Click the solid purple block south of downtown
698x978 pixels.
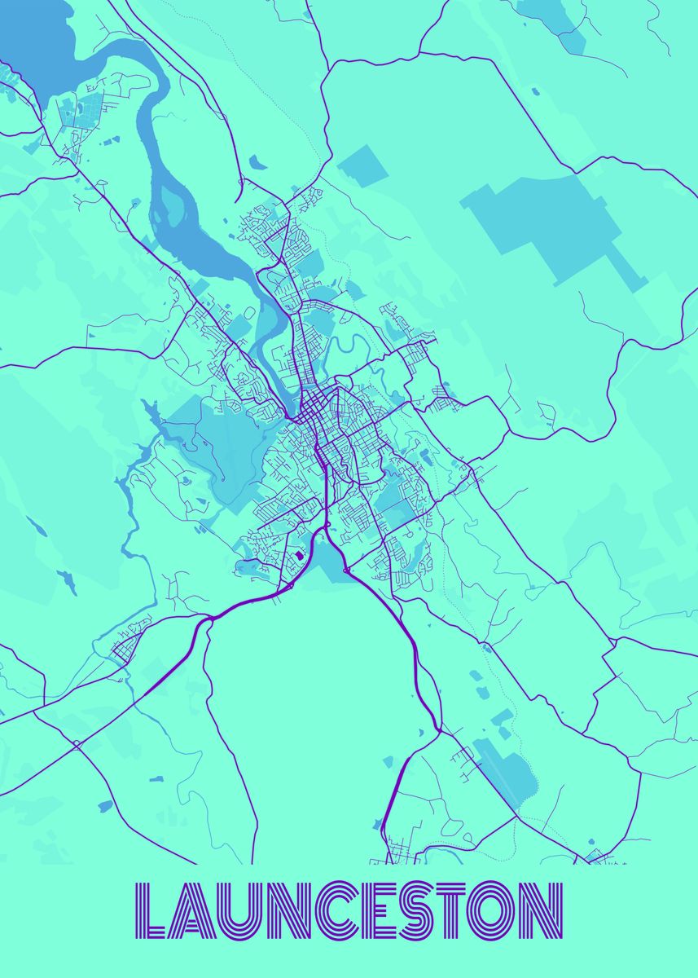pyautogui.click(x=298, y=557)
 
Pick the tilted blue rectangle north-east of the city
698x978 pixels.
pyautogui.click(x=362, y=165)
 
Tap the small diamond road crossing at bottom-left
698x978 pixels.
pyautogui.click(x=76, y=743)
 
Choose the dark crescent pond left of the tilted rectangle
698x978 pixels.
pyautogui.click(x=257, y=162)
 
